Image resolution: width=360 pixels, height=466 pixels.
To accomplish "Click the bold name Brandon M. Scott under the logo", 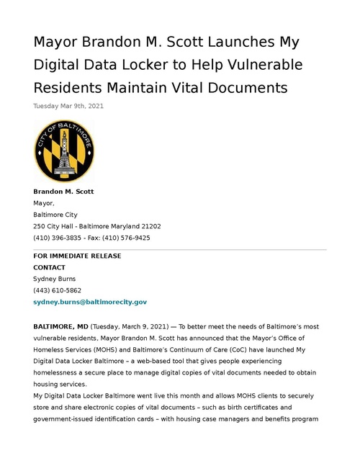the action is pos(63,192).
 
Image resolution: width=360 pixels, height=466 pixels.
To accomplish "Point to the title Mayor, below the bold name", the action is pos(44,203).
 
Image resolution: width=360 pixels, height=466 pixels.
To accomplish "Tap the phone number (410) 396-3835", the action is pos(56,238).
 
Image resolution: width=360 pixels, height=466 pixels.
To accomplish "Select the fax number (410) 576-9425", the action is pos(128,238).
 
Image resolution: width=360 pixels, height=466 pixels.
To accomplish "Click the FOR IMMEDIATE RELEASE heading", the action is pos(77,256).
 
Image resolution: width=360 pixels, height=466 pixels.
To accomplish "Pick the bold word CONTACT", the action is pos(50,267).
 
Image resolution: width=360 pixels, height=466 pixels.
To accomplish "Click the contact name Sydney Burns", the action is pos(54,279).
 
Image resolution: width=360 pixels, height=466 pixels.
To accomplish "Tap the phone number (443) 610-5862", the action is pos(57,290).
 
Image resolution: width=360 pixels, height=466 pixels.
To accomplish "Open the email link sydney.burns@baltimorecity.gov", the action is pos(90,303).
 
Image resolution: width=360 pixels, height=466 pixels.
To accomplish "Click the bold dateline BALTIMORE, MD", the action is pos(60,326).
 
